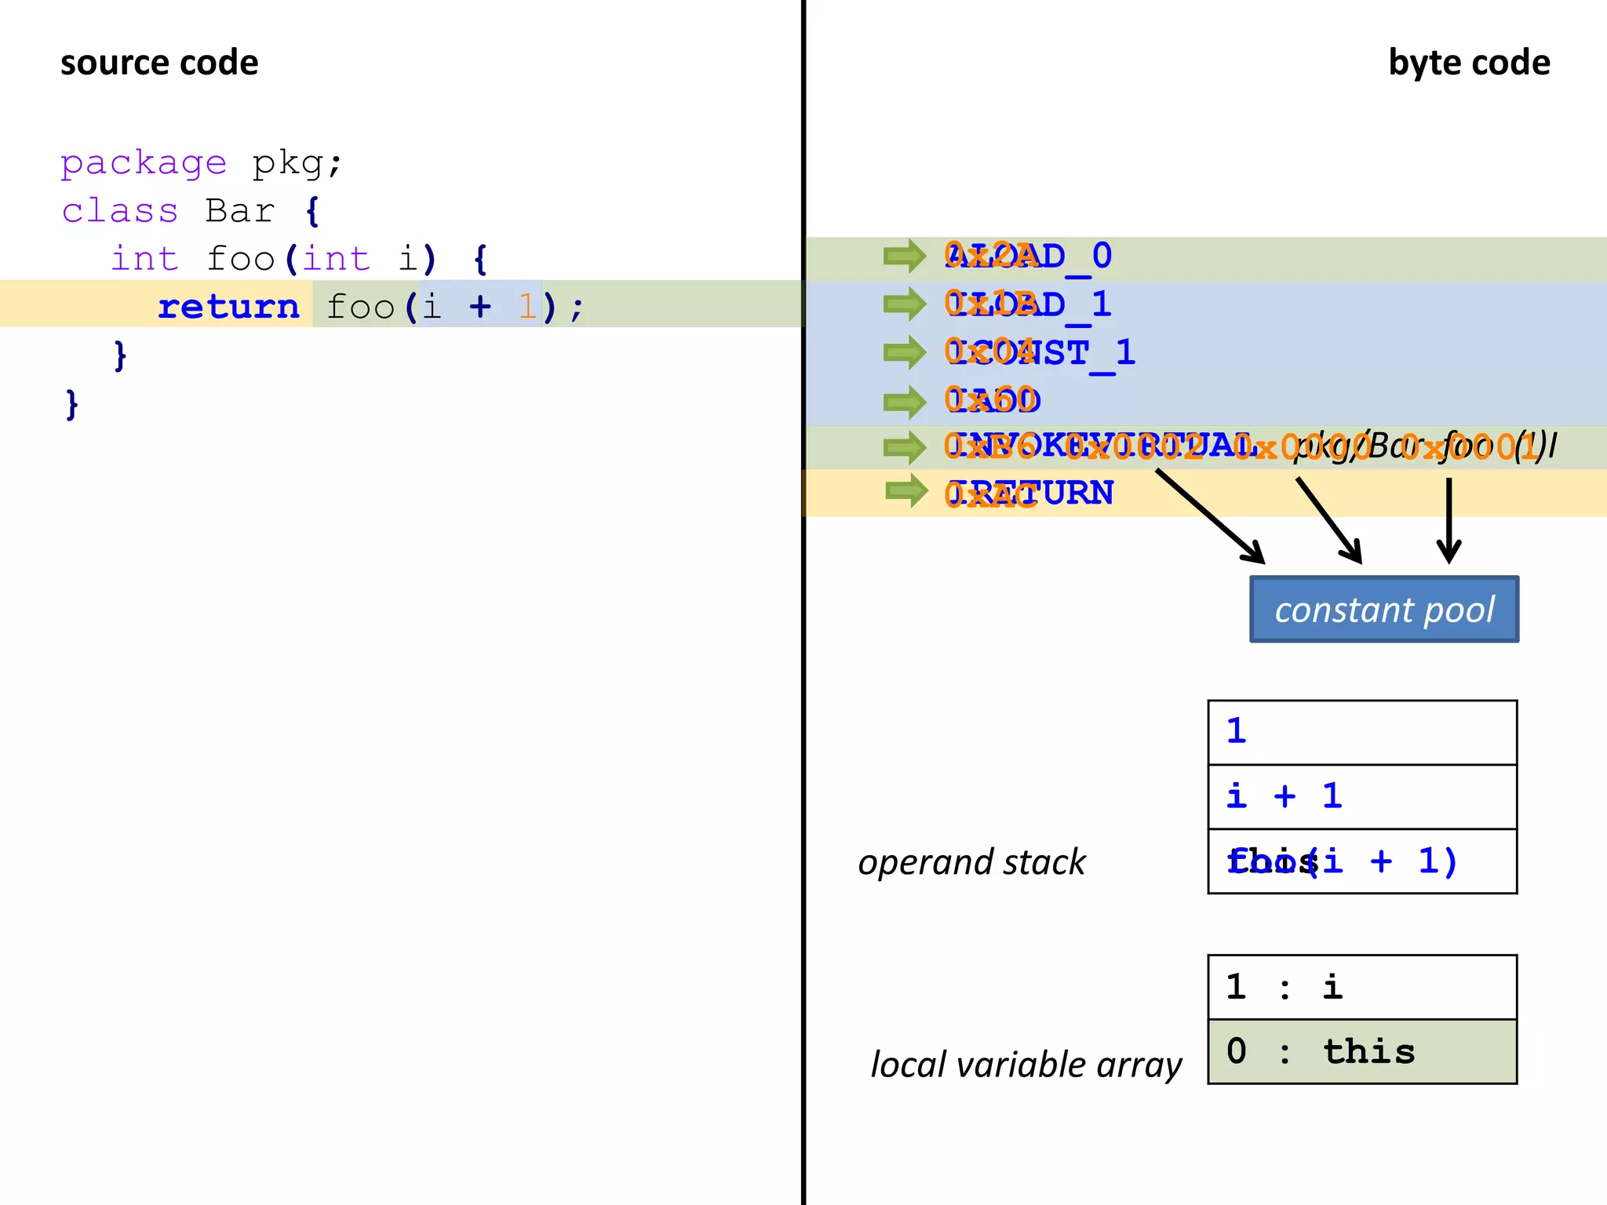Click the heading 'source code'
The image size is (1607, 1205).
(159, 64)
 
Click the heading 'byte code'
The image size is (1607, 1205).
(1468, 64)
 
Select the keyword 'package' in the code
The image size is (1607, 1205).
(144, 163)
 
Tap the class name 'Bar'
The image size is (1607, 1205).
(239, 211)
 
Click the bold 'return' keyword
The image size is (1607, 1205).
(228, 307)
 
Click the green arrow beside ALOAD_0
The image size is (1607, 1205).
(904, 256)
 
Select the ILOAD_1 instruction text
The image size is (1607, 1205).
(1028, 304)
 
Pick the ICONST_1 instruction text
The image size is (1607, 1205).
(1040, 353)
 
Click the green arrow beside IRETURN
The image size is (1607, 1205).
(906, 491)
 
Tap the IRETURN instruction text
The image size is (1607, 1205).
(1029, 493)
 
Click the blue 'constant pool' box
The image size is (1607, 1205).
(1383, 610)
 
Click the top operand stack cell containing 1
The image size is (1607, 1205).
(1361, 732)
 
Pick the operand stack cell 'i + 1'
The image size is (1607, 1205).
(1361, 796)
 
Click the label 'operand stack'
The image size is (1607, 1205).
(971, 862)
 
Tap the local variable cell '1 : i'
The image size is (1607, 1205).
(1361, 987)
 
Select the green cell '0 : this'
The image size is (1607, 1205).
(1361, 1051)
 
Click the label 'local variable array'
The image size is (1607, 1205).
(1026, 1065)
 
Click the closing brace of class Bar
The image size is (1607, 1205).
(72, 405)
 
